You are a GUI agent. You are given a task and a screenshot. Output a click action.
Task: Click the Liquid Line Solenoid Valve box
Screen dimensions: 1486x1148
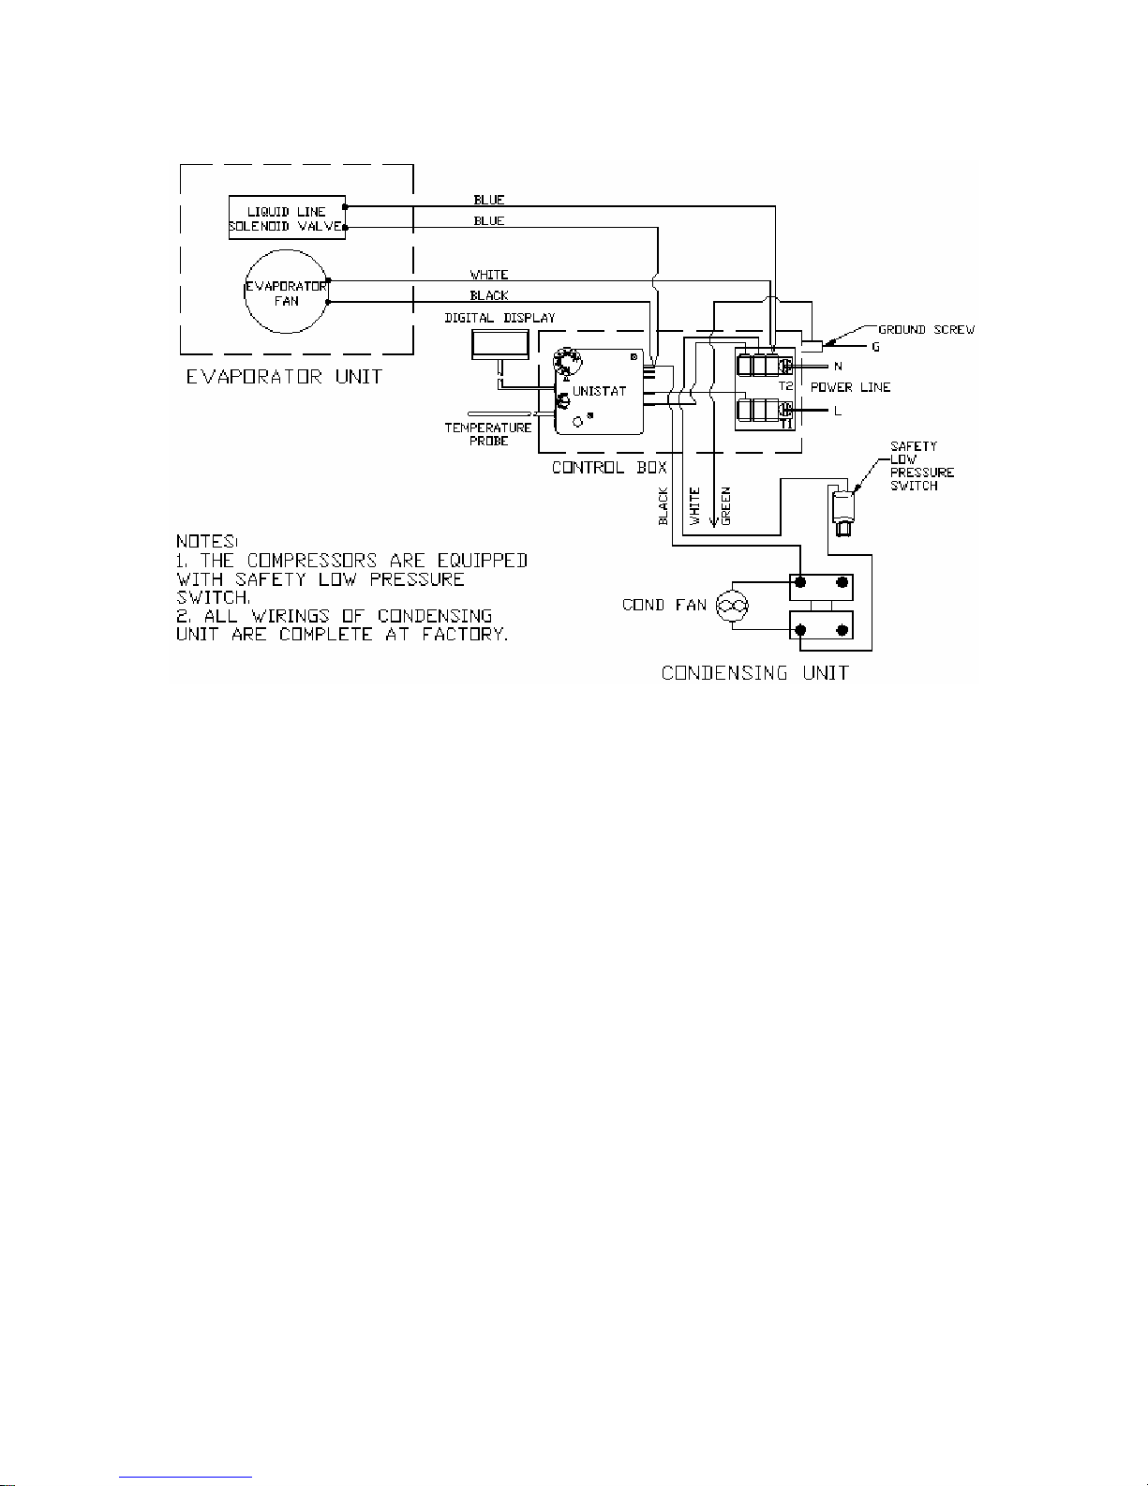coord(287,218)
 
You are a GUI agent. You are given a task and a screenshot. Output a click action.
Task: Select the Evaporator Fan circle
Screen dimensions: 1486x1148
coord(286,293)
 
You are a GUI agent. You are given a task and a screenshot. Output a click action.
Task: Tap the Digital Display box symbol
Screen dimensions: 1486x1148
coord(500,344)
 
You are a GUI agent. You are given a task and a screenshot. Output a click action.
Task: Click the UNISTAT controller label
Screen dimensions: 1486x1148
coord(598,391)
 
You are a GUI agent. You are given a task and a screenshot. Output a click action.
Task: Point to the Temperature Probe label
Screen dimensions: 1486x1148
coord(487,434)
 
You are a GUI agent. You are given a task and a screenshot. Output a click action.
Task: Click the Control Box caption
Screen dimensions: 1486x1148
coord(609,467)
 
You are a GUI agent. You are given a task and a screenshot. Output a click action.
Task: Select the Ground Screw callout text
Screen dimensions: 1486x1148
coord(926,330)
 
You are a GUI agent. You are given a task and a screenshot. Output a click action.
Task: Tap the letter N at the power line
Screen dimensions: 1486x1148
coord(838,367)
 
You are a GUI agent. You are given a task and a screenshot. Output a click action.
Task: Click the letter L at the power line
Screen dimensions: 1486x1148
coord(837,411)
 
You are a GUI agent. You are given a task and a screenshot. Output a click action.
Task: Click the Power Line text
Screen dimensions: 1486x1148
coord(850,387)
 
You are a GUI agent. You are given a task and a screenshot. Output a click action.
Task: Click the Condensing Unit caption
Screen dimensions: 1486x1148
coord(754,672)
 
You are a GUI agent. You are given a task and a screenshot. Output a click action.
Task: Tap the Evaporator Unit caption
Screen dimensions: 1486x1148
coord(283,377)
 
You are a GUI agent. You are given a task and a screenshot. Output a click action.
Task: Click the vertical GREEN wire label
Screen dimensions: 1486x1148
coord(726,504)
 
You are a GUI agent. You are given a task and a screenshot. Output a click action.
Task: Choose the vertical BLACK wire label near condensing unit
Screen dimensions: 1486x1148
coord(663,506)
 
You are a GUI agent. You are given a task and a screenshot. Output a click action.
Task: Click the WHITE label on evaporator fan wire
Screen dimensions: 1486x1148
coord(488,275)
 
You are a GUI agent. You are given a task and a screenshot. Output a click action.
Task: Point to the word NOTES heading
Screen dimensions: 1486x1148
coord(207,542)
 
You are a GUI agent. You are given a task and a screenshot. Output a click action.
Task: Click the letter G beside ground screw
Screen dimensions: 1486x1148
coord(875,347)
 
